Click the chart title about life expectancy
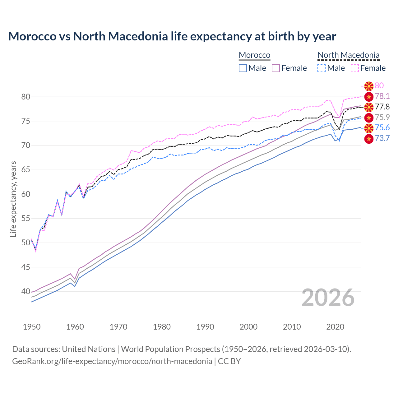coord(172,36)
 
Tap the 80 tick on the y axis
coord(25,97)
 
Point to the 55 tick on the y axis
coord(25,218)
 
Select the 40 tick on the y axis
coord(25,291)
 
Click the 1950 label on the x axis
coord(32,327)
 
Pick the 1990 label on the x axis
coord(205,327)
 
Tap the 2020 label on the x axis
coord(335,327)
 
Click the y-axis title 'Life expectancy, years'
coord(13,199)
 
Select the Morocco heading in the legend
coord(254,55)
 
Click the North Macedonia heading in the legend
coord(348,55)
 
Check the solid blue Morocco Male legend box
coord(243,68)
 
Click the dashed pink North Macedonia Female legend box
coord(355,68)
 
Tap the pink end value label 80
coord(379,86)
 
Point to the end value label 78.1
coord(382,96)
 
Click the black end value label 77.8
coord(382,107)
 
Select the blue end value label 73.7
coord(382,138)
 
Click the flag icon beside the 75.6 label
coord(369,128)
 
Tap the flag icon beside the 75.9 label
coord(369,118)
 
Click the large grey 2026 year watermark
coord(328,298)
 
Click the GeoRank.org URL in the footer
coord(112,361)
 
